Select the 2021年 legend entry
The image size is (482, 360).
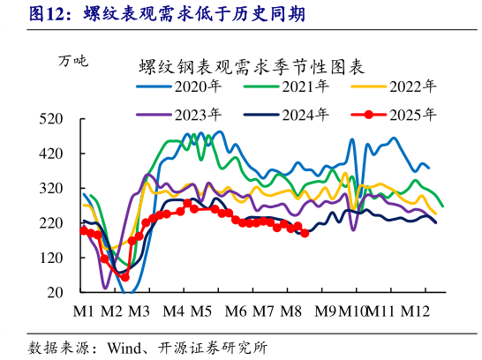pos(305,86)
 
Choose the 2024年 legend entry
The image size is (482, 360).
pos(305,114)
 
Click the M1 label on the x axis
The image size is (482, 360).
pos(84,311)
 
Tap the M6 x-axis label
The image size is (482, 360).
pos(235,311)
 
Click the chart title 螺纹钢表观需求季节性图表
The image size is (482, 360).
pos(252,64)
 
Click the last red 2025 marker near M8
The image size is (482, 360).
pos(305,233)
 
